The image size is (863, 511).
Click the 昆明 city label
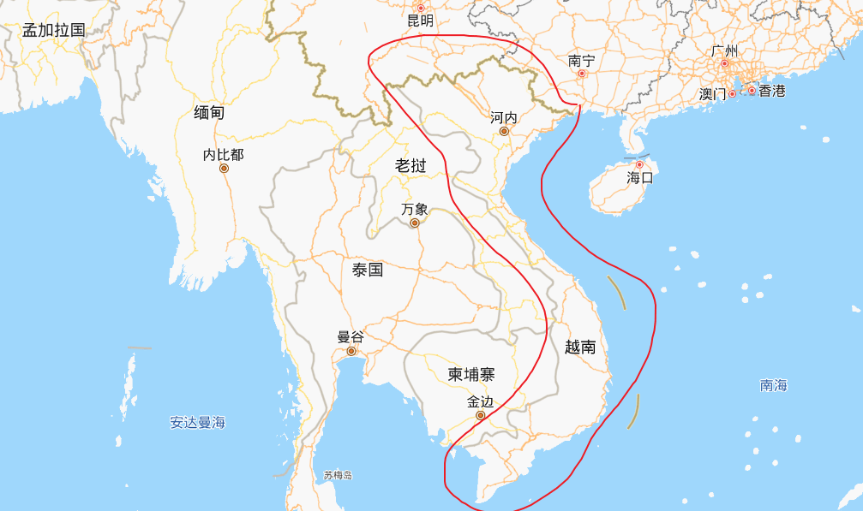420,21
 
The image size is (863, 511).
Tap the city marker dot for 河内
504,131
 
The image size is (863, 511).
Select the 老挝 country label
410,165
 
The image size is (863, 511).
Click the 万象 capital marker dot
415,223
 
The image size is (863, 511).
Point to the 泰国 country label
368,270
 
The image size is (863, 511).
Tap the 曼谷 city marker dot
351,352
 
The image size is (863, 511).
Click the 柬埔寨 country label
471,374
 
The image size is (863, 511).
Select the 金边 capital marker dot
480,415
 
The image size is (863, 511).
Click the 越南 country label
580,347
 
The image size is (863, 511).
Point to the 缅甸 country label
209,112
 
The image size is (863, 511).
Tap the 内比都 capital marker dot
224,168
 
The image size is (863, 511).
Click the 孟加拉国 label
54,30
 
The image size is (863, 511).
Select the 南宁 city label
581,61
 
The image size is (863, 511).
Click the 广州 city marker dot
724,63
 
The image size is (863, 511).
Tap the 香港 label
771,91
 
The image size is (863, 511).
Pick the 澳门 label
712,93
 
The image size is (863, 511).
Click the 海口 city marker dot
639,164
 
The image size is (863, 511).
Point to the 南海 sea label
773,385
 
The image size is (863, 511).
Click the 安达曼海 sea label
197,422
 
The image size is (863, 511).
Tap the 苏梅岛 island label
338,475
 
